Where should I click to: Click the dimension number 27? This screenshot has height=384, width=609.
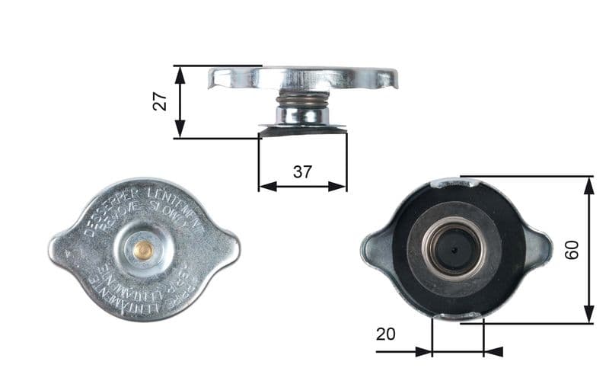(160, 102)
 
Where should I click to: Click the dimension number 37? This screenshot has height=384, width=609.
(302, 171)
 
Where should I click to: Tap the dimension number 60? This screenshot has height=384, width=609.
(572, 249)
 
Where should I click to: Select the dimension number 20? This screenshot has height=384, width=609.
(385, 334)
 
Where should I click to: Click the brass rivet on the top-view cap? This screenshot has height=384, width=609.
(142, 248)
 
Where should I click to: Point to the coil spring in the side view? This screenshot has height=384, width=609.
(302, 99)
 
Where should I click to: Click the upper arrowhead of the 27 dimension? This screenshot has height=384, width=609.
(180, 72)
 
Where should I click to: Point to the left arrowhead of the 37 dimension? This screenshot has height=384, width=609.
(266, 186)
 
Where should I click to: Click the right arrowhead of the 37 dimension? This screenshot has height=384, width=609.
(340, 186)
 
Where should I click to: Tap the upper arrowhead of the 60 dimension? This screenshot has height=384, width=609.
(588, 184)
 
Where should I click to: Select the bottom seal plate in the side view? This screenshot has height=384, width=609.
(302, 130)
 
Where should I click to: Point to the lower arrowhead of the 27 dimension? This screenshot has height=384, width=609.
(180, 130)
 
